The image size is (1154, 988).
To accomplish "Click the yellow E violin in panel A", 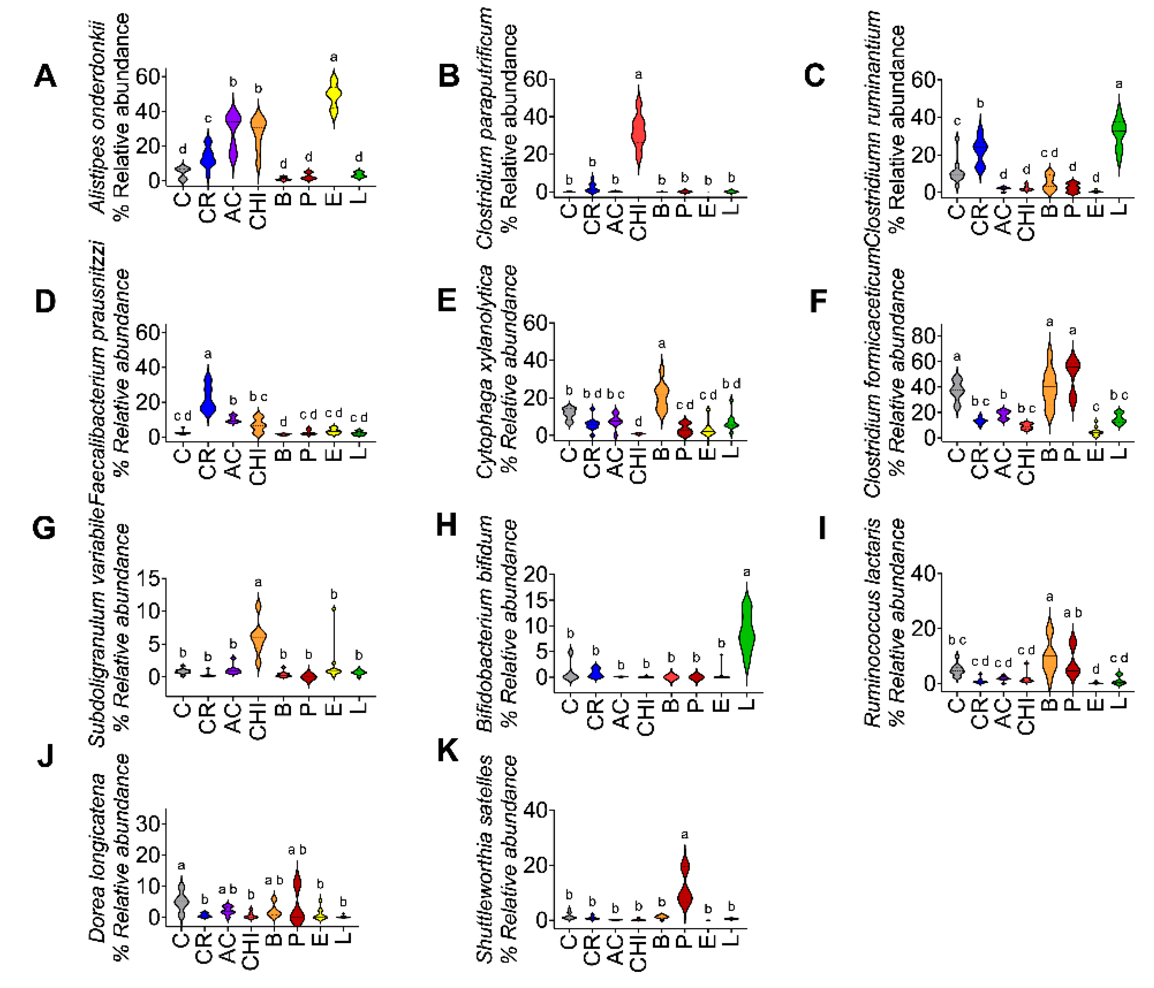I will click(334, 96).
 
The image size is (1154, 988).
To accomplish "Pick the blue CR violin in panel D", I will click(208, 397).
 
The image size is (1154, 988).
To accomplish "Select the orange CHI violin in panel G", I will click(258, 635).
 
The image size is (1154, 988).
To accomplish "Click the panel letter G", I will click(44, 528).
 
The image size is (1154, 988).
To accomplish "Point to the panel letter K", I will click(448, 751).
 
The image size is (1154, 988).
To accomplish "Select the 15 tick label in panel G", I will click(147, 579).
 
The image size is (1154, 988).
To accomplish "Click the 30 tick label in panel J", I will click(148, 824).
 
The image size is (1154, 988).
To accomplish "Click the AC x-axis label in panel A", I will click(233, 207).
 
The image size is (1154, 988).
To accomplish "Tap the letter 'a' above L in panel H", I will click(747, 572).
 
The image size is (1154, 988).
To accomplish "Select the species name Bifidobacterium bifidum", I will click(484, 624).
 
